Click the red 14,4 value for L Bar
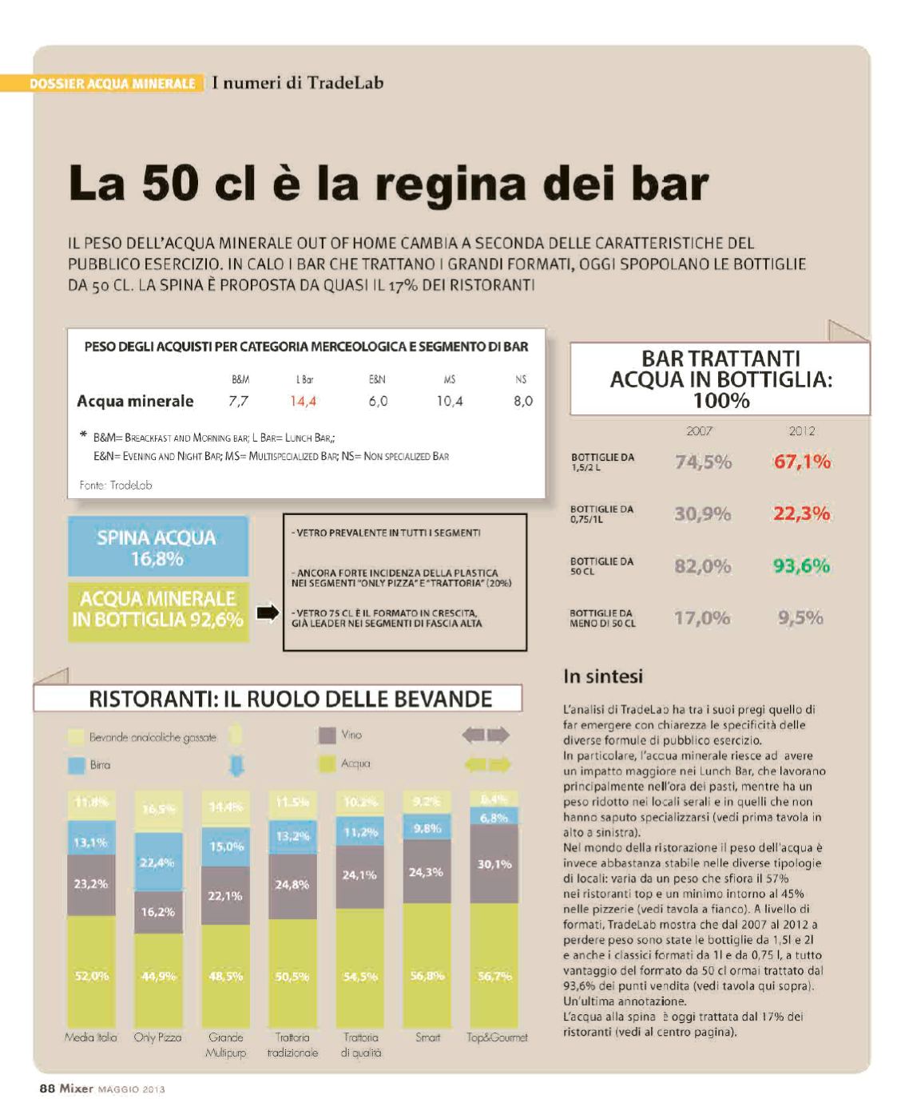point(303,401)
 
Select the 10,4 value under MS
point(449,401)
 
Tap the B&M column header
point(240,380)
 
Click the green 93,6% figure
point(801,566)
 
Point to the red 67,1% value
point(801,462)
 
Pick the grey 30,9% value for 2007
point(702,514)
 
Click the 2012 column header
point(801,431)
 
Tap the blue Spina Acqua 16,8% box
point(157,547)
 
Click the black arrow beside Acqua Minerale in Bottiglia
point(267,613)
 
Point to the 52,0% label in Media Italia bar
point(90,976)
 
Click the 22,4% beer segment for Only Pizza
point(157,862)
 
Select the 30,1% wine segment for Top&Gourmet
point(494,864)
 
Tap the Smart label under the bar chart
point(427,1037)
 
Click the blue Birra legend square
point(76,765)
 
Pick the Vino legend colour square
point(327,735)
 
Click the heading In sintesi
point(602,676)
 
